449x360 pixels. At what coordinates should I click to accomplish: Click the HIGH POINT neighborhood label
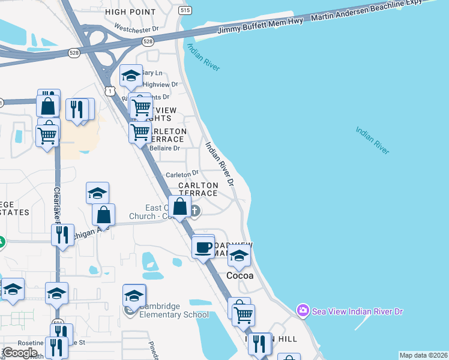point(130,11)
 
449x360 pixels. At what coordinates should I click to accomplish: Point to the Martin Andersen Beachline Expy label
point(373,10)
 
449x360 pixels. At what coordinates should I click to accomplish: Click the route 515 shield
point(185,11)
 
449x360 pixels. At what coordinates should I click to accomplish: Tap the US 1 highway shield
point(109,90)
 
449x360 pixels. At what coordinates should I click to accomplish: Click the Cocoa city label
point(241,276)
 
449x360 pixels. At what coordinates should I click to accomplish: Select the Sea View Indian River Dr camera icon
point(303,310)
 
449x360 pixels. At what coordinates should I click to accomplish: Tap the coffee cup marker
point(203,246)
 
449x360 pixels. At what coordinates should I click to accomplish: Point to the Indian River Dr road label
point(219,163)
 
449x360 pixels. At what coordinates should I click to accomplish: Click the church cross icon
point(196,211)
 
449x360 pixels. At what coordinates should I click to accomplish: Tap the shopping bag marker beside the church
point(180,207)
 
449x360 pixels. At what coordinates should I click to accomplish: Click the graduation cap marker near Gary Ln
point(131,76)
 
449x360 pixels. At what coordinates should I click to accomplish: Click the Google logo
point(20,353)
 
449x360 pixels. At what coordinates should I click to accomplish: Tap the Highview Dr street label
point(160,85)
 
